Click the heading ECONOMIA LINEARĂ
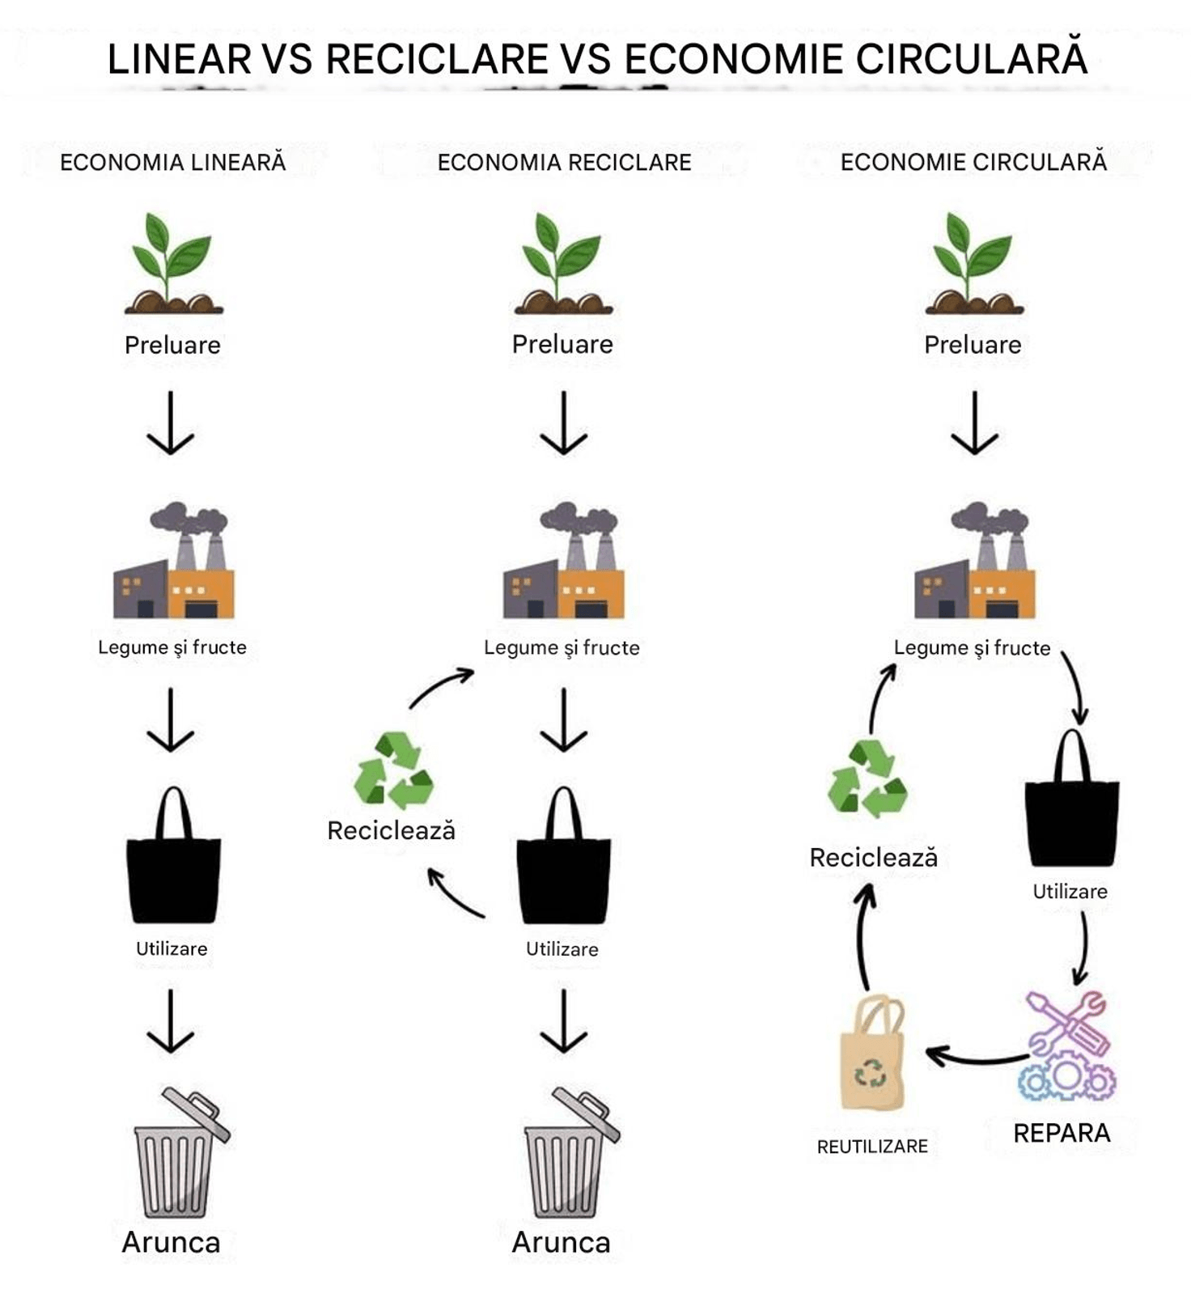(x=172, y=162)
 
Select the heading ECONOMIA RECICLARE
(x=564, y=163)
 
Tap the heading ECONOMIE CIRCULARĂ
(x=973, y=161)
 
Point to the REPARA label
(x=1062, y=1133)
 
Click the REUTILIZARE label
(x=872, y=1147)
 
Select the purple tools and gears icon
(x=1066, y=1046)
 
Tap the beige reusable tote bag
(x=872, y=1052)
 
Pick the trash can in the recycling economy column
(x=571, y=1152)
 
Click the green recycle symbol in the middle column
(x=393, y=770)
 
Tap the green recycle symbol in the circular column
(x=867, y=777)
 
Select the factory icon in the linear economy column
(x=174, y=561)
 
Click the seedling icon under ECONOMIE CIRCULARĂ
(x=974, y=263)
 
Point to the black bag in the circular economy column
(x=1072, y=798)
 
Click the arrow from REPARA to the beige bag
(x=975, y=1058)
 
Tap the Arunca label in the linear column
(x=171, y=1242)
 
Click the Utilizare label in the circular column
(x=1070, y=892)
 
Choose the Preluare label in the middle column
(x=562, y=345)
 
